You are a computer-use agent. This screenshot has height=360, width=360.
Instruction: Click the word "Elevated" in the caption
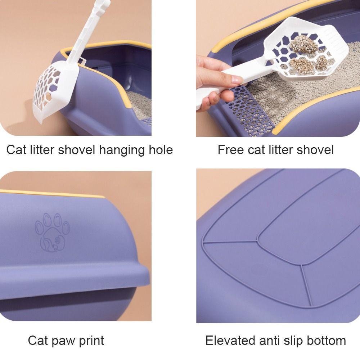pyautogui.click(x=230, y=340)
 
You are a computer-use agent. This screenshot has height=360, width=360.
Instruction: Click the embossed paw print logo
pyautogui.click(x=52, y=232)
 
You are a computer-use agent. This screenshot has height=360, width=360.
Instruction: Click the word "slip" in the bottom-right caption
pyautogui.click(x=293, y=341)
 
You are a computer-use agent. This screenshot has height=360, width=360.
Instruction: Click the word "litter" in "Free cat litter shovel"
pyautogui.click(x=281, y=150)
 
